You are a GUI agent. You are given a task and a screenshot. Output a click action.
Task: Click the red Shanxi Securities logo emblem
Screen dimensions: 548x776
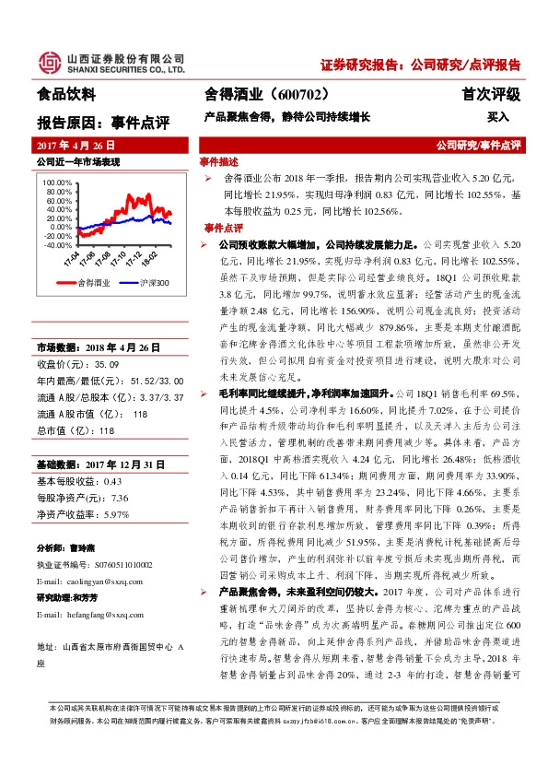pyautogui.click(x=47, y=61)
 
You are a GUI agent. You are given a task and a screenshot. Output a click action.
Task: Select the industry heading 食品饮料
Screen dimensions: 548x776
pyautogui.click(x=66, y=94)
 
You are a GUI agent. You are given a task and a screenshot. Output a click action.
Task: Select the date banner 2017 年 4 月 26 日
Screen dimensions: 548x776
pyautogui.click(x=79, y=147)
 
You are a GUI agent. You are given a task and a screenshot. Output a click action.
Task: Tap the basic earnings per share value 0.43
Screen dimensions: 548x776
pyautogui.click(x=112, y=482)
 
